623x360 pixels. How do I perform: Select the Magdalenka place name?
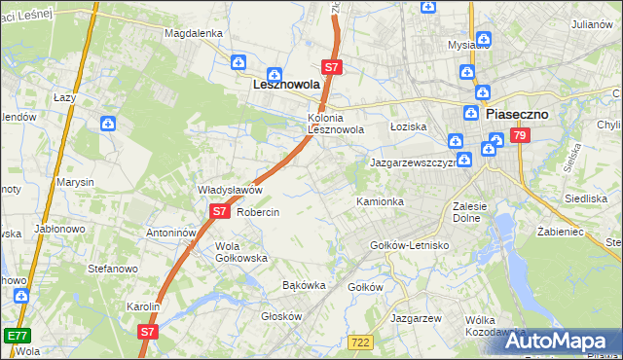tap(194, 33)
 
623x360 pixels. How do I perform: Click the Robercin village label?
tap(258, 212)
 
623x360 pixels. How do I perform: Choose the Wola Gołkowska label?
tap(241, 252)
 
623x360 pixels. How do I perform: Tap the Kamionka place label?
tap(380, 201)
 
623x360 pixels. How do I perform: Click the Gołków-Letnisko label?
tap(409, 245)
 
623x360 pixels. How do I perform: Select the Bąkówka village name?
tap(303, 286)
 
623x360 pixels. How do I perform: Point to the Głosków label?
tap(283, 316)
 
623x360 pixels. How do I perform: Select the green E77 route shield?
tap(15, 336)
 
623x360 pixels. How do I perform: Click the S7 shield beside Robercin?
tap(220, 210)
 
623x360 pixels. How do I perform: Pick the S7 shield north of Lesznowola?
tap(332, 67)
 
